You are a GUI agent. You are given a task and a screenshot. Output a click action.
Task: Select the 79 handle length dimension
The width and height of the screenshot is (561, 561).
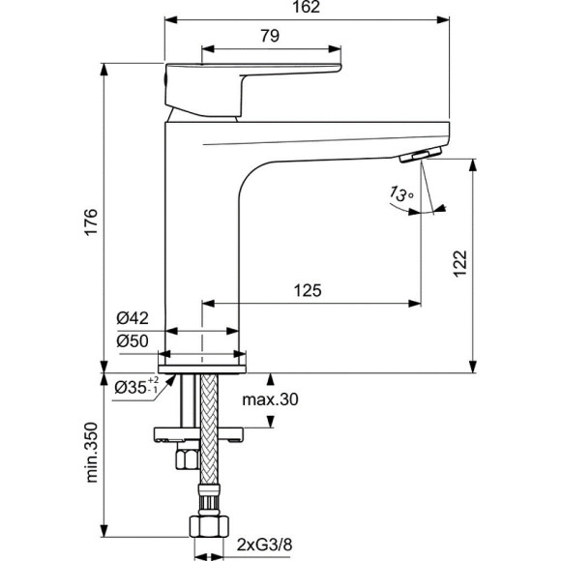(x=270, y=37)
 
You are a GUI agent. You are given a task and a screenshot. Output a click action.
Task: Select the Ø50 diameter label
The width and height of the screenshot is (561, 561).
(x=132, y=340)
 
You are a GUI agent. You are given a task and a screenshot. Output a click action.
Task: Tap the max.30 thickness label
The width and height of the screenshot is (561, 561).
(x=270, y=399)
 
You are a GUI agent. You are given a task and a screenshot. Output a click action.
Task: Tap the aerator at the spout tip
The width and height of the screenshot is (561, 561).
(x=422, y=156)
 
